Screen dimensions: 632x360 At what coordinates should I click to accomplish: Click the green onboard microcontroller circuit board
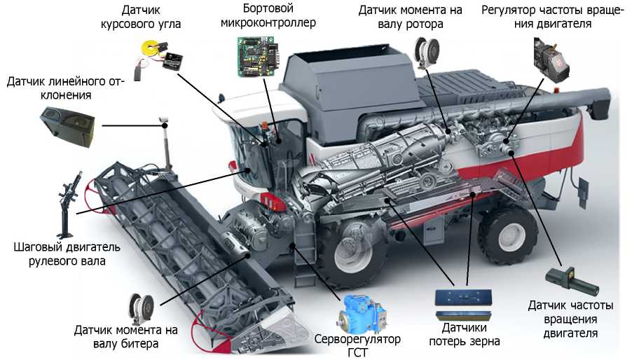pos(257,56)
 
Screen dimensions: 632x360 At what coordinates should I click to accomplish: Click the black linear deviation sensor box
pos(67,127)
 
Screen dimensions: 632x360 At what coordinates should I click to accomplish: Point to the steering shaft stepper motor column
pos(68,205)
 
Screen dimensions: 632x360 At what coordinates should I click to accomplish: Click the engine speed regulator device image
pos(551,60)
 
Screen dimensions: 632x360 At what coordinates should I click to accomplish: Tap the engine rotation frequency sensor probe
pos(572,282)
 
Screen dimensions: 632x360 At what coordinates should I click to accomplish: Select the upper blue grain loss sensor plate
pos(464,297)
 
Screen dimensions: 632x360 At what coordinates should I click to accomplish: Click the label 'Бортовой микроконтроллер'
pos(268,15)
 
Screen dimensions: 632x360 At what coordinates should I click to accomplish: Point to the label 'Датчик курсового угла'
pos(141,17)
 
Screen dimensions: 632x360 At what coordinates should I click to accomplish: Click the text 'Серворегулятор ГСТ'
pos(357,345)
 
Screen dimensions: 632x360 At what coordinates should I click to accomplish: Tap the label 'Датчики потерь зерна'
pos(465,334)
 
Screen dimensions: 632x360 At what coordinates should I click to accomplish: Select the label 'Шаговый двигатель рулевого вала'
pos(67,254)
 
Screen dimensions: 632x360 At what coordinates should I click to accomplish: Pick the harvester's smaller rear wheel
pos(508,234)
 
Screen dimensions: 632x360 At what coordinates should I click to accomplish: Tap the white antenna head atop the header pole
pos(164,120)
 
